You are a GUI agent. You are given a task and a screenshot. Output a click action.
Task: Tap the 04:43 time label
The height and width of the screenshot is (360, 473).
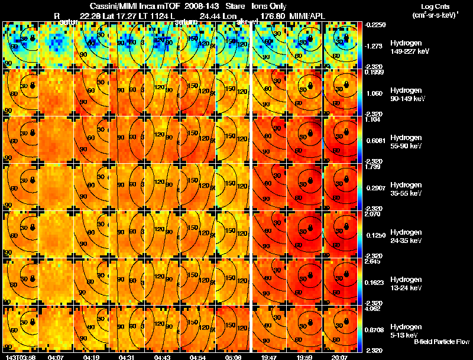pyautogui.click(x=161, y=356)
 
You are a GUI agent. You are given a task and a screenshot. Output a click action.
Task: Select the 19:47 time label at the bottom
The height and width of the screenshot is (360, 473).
pyautogui.click(x=270, y=356)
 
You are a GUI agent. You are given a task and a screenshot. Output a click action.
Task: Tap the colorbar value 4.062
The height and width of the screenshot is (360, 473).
pyautogui.click(x=373, y=309)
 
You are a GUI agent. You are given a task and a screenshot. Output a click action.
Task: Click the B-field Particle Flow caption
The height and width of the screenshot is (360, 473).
pyautogui.click(x=441, y=342)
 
